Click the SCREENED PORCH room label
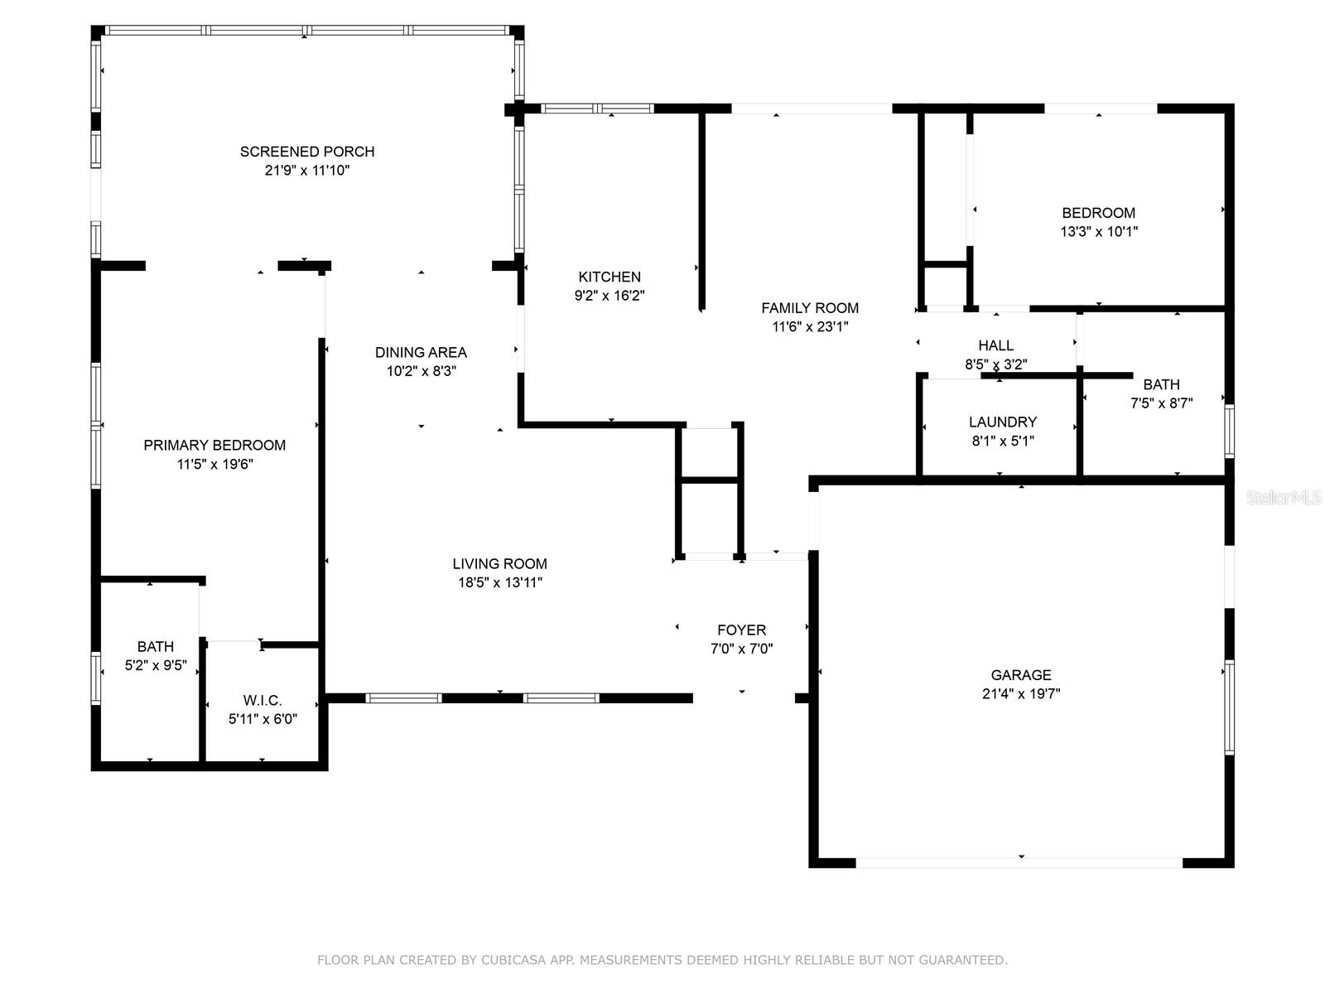[x=307, y=152]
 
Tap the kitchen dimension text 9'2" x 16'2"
[x=609, y=295]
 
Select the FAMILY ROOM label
[x=809, y=308]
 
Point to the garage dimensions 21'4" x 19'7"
[x=1021, y=693]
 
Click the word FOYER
[x=741, y=630]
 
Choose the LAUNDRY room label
[x=1003, y=422]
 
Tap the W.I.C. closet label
[x=263, y=700]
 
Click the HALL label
[x=995, y=345]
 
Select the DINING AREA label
[x=421, y=352]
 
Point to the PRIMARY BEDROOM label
[x=214, y=445]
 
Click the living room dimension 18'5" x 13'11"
[x=500, y=582]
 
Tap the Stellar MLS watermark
[x=1284, y=497]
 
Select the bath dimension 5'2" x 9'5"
[x=156, y=665]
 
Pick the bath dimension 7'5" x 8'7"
[x=1161, y=403]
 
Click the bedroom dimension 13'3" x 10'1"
[x=1099, y=231]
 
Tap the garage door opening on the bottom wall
[x=1019, y=863]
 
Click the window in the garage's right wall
[x=1229, y=707]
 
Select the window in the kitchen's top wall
[x=596, y=109]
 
